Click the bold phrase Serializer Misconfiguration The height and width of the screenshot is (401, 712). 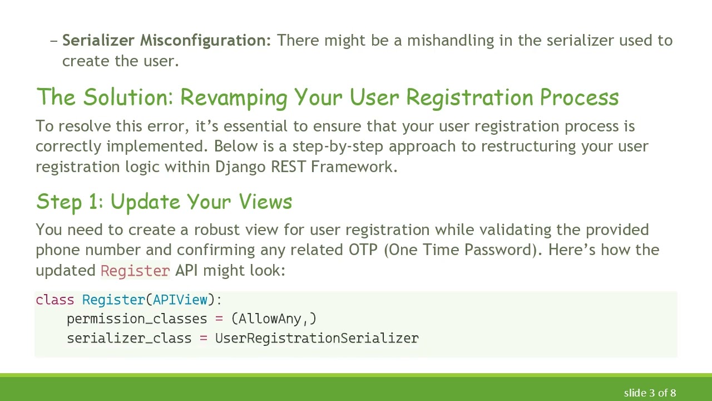(166, 41)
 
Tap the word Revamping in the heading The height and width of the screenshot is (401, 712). (234, 97)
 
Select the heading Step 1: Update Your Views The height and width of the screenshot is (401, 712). (164, 202)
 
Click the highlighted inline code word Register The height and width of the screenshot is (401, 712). (135, 271)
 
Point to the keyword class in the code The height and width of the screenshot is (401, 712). (55, 300)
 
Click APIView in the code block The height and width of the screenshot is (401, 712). (180, 300)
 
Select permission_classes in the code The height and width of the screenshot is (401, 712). (137, 319)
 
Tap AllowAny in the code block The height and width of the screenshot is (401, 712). (270, 319)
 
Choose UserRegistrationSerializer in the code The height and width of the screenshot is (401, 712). (317, 339)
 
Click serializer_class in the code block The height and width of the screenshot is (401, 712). (129, 339)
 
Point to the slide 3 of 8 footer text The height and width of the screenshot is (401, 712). (650, 393)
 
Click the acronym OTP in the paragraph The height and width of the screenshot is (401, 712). (363, 250)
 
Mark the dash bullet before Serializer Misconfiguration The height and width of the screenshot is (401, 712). (54, 41)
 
